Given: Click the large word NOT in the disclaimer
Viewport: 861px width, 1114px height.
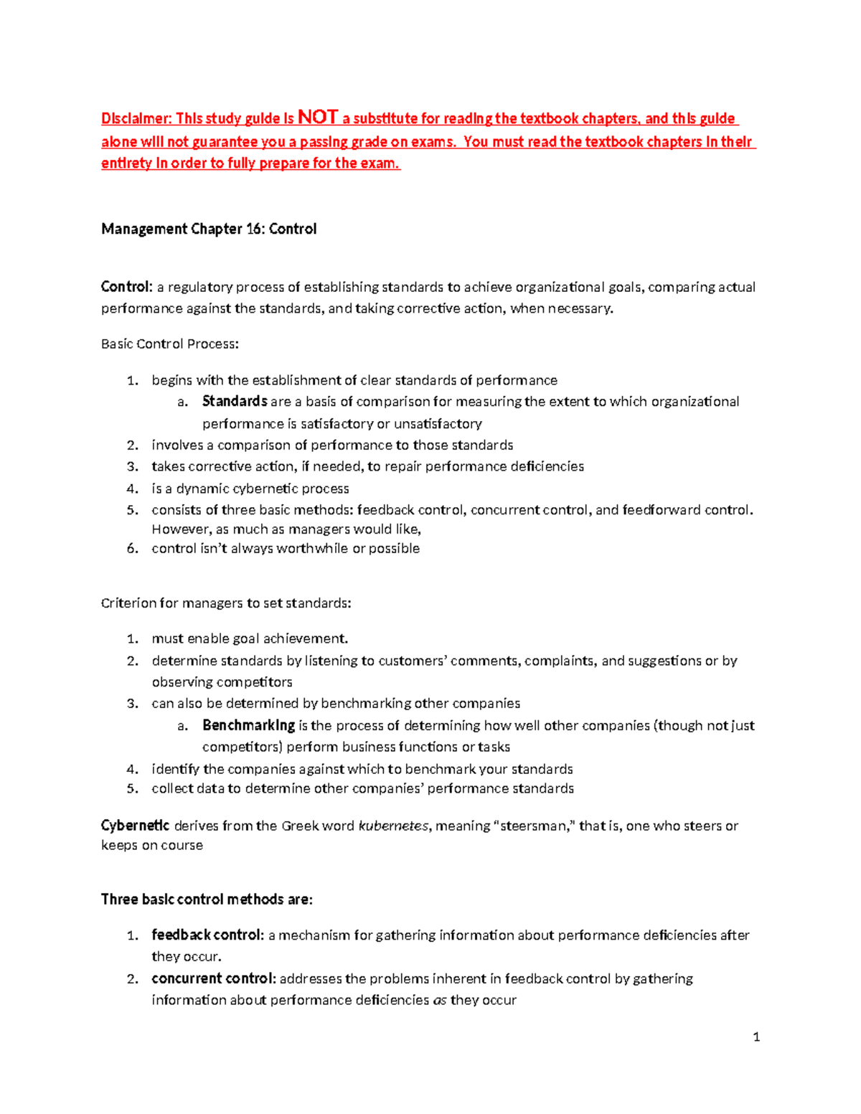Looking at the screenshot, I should [317, 117].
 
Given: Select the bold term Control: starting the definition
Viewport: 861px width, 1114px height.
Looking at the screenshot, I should [127, 287].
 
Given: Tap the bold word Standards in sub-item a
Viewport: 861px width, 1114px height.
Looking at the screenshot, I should [235, 401].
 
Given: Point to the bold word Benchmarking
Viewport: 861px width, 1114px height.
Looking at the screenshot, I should [248, 725].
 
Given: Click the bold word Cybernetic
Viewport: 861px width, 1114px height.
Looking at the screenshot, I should [136, 826].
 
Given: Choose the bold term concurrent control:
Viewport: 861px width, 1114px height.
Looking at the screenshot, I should [213, 978].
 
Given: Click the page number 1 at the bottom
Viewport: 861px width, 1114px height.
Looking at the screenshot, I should [756, 1037].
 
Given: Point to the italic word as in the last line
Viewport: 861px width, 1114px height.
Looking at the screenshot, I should [440, 1000].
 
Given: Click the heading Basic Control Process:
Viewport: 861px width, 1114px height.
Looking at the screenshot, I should [170, 344].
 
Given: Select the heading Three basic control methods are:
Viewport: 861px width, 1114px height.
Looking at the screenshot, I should [207, 899].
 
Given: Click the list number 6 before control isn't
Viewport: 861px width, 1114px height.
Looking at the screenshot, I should [132, 549].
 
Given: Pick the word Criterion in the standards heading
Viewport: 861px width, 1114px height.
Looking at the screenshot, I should [128, 603].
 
